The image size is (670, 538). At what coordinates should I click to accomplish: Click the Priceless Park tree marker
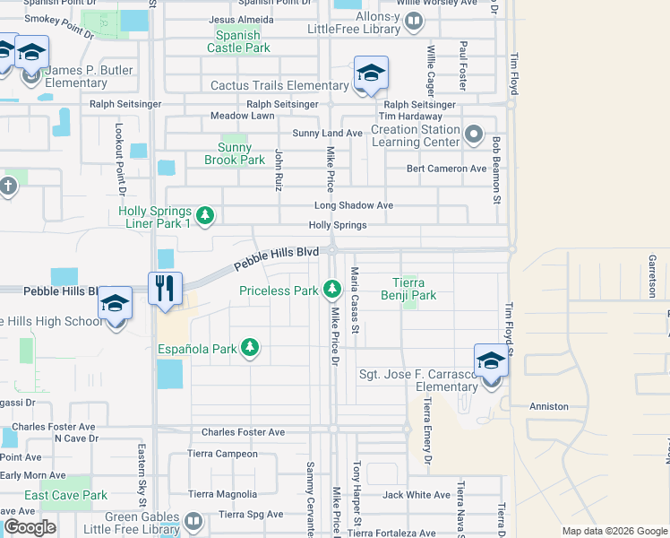[x=332, y=289]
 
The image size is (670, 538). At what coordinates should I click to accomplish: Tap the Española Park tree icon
[x=251, y=347]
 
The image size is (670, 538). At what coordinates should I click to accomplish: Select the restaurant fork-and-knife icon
[x=165, y=289]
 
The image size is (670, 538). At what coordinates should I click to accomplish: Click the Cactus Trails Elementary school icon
[x=371, y=73]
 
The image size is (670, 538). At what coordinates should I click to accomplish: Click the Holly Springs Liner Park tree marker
[x=205, y=215]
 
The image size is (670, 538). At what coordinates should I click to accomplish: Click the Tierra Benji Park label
[x=409, y=288]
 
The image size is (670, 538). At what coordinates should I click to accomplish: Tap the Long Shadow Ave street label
[x=353, y=205]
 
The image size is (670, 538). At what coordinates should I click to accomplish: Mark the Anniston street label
[x=549, y=406]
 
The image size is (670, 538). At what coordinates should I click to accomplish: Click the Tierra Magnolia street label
[x=223, y=494]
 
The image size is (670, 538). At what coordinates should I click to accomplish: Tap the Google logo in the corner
[x=30, y=527]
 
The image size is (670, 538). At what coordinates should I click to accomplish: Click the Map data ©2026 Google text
[x=614, y=531]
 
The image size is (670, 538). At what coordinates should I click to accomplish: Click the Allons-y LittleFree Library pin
[x=413, y=21]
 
